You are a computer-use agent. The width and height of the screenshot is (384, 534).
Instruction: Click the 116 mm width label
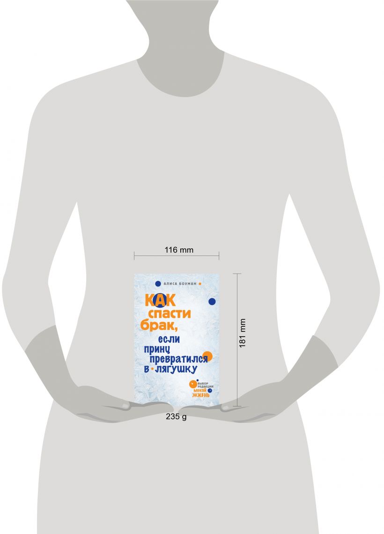pyautogui.click(x=179, y=250)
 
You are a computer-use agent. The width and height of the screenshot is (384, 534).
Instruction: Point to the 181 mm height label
pyautogui.click(x=242, y=333)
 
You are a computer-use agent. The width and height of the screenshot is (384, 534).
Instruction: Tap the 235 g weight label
pyautogui.click(x=176, y=416)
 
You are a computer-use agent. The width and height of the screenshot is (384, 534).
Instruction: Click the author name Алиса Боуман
pyautogui.click(x=180, y=284)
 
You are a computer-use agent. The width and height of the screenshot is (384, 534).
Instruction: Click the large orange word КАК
pyautogui.click(x=160, y=300)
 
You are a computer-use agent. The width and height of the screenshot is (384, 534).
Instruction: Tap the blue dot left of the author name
pyautogui.click(x=158, y=284)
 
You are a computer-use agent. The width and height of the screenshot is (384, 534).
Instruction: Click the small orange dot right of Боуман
pyautogui.click(x=199, y=284)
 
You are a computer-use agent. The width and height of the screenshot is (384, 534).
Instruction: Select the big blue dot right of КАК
pyautogui.click(x=212, y=301)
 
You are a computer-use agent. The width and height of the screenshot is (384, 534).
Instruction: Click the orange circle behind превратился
pyautogui.click(x=208, y=356)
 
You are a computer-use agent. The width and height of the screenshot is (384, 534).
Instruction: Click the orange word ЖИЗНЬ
pyautogui.click(x=201, y=395)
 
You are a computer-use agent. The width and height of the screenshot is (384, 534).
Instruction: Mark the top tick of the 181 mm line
pyautogui.click(x=237, y=273)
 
